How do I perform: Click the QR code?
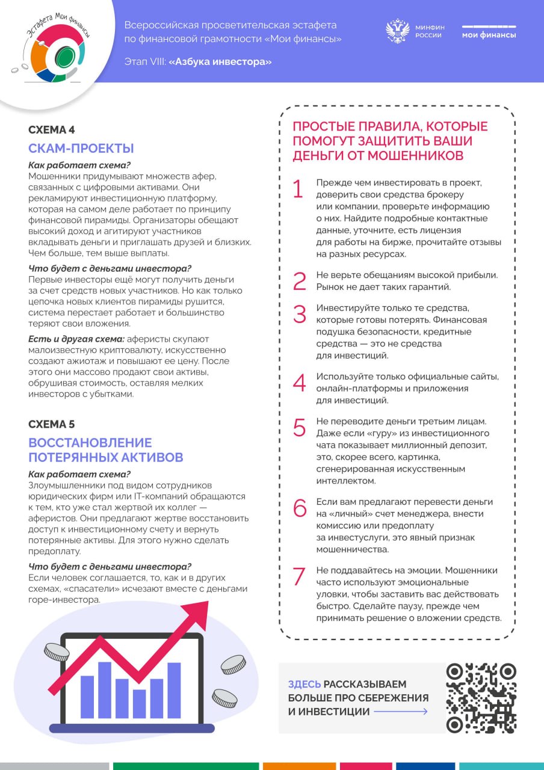pos(481,698)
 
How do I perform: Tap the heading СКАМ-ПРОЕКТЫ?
pos(81,148)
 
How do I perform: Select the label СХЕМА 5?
pos(52,424)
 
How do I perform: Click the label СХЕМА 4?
pos(52,130)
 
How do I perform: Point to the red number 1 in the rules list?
pos(298,189)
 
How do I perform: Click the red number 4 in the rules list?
pos(299,383)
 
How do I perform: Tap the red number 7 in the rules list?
pos(299,576)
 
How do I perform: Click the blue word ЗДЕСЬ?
pos(304,684)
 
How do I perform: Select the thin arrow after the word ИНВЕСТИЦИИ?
pos(401,712)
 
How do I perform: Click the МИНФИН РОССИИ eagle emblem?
pos(398,31)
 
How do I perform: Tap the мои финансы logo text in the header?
pos(489,35)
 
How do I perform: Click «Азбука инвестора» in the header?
pos(220,61)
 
